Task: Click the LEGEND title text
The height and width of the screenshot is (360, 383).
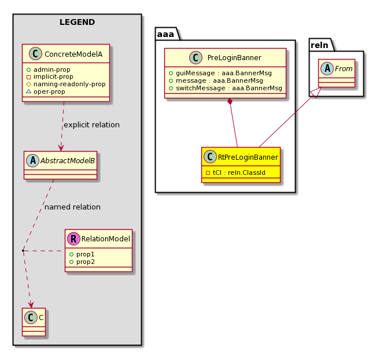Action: click(77, 23)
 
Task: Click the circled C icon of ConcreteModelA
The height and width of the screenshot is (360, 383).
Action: click(34, 54)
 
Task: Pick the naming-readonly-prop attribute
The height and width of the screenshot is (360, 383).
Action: click(69, 84)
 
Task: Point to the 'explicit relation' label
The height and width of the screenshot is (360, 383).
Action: click(91, 124)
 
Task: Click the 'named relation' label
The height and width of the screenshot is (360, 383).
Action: click(72, 207)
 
